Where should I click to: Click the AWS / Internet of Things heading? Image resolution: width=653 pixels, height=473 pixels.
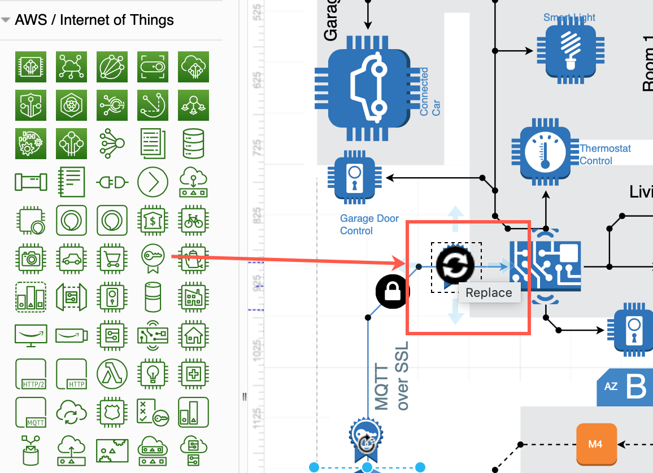(94, 20)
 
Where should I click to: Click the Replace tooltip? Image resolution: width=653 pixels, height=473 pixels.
(489, 293)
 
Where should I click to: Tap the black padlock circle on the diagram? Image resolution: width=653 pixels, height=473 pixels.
(393, 292)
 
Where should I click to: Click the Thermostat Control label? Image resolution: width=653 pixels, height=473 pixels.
(604, 155)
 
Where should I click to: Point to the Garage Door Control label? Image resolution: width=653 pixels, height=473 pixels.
(369, 225)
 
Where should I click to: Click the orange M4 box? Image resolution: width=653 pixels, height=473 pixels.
(595, 444)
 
